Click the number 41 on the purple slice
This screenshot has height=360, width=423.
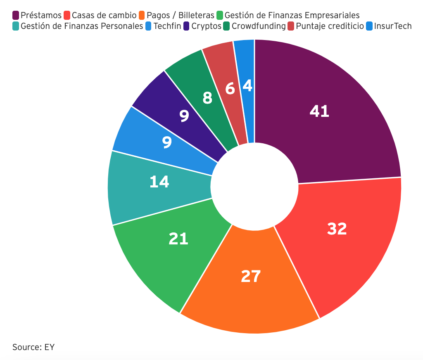click(319, 111)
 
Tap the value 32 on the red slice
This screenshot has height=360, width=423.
click(337, 229)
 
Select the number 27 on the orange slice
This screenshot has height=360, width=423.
click(251, 276)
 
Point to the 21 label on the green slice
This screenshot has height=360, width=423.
click(178, 239)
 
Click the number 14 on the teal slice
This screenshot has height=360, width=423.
click(159, 182)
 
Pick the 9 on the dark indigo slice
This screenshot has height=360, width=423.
click(184, 116)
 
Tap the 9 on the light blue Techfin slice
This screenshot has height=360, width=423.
click(166, 142)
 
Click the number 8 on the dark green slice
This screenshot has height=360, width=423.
click(208, 98)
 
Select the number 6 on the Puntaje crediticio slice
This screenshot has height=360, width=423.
click(230, 89)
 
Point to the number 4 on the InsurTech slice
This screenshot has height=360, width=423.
click(247, 86)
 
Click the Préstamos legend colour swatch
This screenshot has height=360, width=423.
click(16, 16)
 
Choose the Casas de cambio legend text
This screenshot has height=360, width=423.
click(104, 16)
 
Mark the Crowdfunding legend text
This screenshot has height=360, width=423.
click(258, 26)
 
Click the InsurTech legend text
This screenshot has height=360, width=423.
click(392, 26)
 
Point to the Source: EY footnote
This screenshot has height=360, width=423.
click(33, 347)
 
